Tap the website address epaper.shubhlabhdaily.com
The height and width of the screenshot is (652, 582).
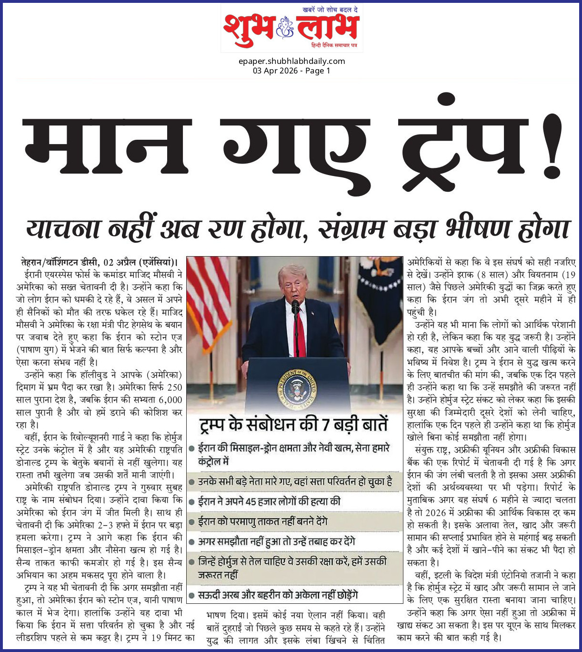291,61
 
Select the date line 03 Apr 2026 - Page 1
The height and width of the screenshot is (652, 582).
291,71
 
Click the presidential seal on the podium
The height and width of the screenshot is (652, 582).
297,387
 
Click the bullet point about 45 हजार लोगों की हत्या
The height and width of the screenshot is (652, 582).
269,501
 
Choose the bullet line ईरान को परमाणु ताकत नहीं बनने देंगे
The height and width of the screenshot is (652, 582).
263,522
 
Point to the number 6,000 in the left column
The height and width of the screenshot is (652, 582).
170,400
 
